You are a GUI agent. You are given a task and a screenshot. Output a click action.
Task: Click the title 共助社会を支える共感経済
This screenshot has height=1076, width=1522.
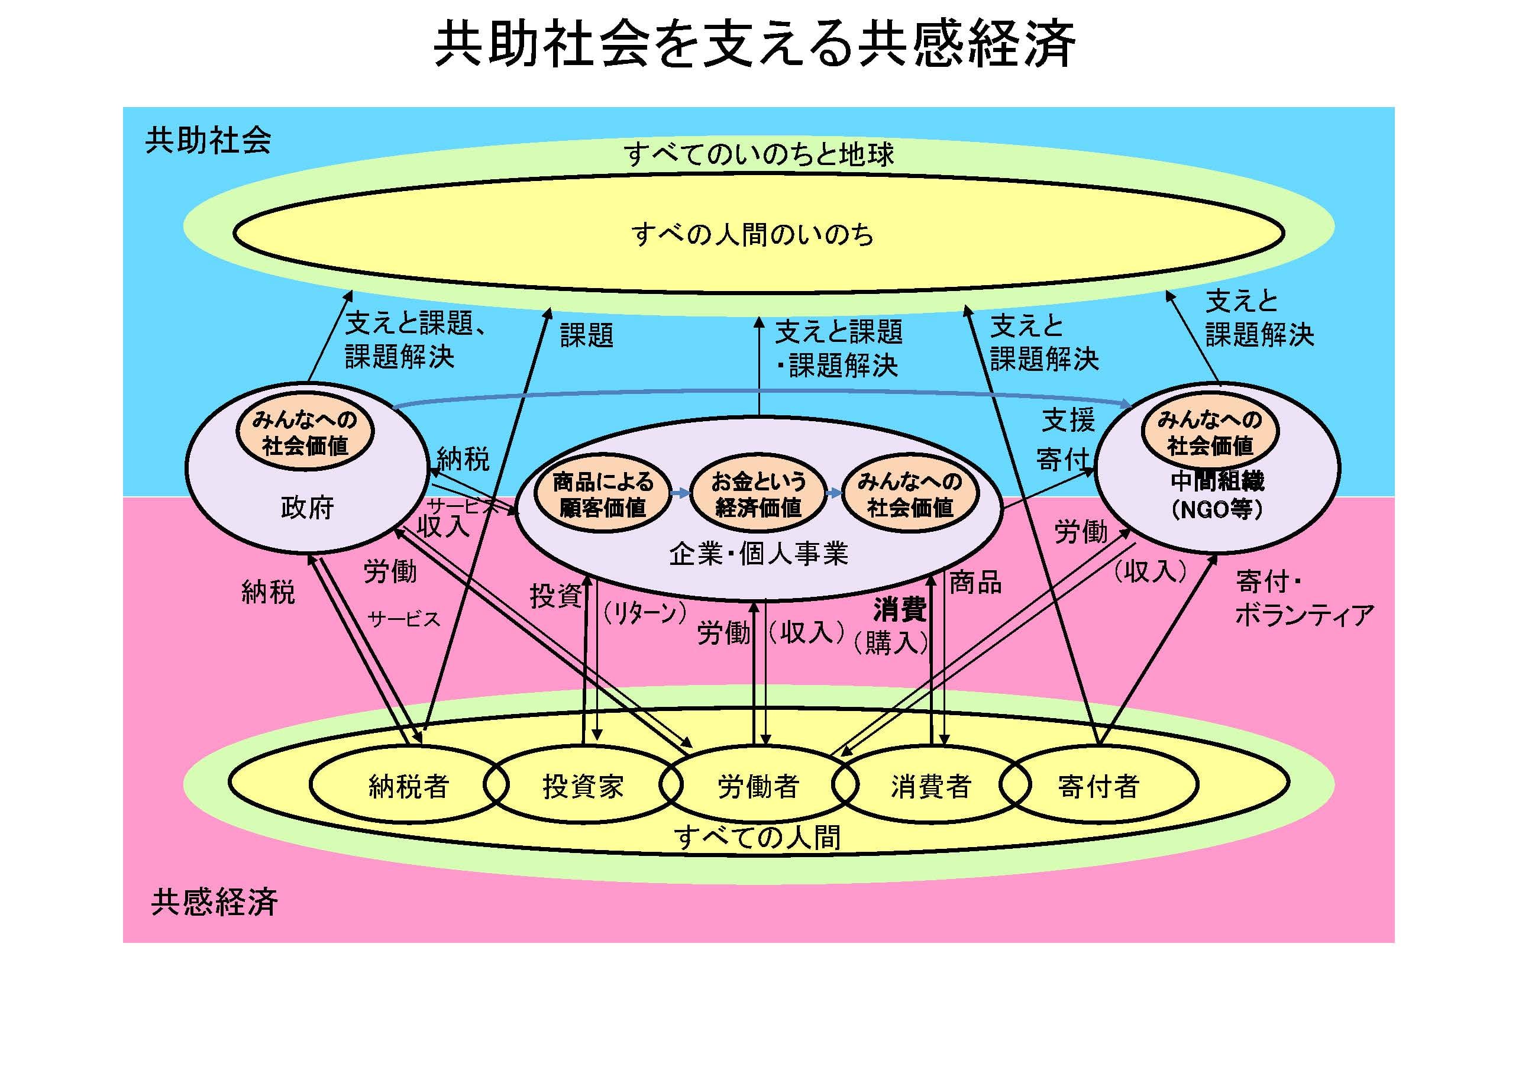[x=754, y=45]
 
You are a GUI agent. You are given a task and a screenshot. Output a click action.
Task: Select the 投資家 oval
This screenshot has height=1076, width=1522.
[x=583, y=786]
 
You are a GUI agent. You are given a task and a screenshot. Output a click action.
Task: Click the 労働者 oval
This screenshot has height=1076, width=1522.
[x=758, y=786]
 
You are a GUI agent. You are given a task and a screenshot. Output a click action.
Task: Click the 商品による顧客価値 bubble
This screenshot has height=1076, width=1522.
[x=603, y=494]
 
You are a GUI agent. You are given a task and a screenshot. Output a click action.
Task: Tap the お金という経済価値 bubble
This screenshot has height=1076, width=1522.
[x=758, y=494]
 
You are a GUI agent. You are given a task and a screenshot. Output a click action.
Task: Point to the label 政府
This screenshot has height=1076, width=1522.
[x=307, y=508]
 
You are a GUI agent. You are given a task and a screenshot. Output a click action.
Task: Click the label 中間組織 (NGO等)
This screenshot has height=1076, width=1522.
[x=1217, y=495]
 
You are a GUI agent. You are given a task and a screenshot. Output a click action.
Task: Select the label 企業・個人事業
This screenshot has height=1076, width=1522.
[x=758, y=554]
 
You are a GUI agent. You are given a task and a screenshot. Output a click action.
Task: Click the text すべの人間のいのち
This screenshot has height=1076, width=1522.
[x=752, y=234]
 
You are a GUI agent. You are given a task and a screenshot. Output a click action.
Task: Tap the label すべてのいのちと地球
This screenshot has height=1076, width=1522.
[x=758, y=154]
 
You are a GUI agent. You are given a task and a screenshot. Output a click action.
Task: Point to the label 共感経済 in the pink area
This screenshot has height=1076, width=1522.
[x=214, y=902]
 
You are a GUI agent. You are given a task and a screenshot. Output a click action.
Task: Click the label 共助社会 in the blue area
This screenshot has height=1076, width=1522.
[x=208, y=141]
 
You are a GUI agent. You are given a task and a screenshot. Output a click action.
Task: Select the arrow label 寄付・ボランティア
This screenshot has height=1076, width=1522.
[x=1303, y=599]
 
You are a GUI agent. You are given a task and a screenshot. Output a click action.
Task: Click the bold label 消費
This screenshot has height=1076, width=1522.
[x=900, y=609]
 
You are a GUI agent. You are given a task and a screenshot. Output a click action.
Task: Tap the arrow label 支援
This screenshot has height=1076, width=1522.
[x=1068, y=419]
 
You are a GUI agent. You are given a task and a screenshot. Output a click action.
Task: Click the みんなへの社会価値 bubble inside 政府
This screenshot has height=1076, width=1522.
[x=305, y=432]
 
